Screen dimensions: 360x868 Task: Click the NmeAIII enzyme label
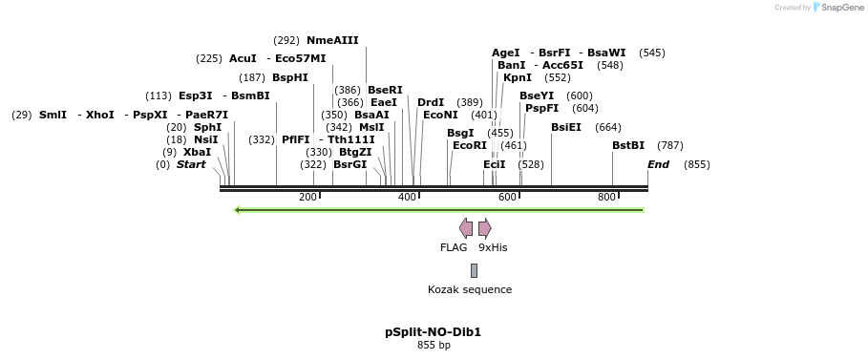click(332, 40)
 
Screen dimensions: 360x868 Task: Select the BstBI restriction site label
click(628, 145)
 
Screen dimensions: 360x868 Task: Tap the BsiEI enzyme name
click(566, 127)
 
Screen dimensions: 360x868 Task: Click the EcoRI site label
click(469, 145)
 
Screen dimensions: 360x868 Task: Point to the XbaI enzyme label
click(197, 152)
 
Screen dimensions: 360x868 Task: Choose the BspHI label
click(290, 77)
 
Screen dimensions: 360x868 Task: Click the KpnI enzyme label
click(518, 77)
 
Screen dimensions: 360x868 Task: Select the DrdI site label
click(431, 102)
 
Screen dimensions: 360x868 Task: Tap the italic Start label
click(191, 164)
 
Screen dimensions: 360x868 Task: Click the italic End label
click(658, 164)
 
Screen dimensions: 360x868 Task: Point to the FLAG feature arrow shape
click(466, 227)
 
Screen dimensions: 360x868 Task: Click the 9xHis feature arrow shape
click(485, 227)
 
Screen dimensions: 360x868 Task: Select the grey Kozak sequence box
click(474, 270)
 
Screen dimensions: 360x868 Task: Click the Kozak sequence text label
click(470, 289)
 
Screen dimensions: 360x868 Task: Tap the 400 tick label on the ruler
click(407, 197)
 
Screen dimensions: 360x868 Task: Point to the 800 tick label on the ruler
click(606, 197)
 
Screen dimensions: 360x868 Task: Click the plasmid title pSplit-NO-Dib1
click(434, 332)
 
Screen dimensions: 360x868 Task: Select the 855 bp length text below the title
click(434, 345)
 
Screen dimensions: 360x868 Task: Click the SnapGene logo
click(838, 8)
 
